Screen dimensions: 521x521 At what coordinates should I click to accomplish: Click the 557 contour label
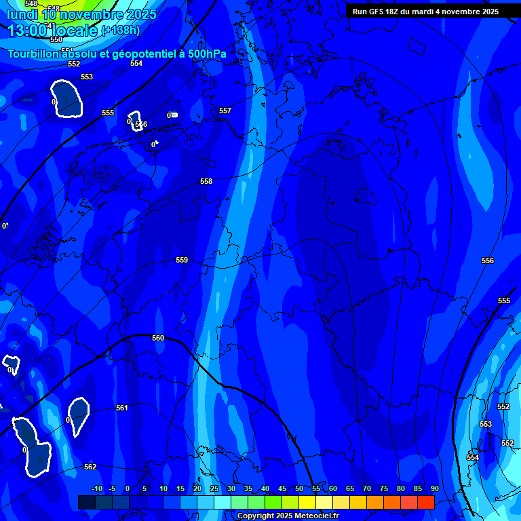point(225,111)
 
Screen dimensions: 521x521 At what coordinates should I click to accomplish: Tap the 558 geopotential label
point(206,181)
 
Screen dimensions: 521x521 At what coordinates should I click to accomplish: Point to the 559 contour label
point(182,260)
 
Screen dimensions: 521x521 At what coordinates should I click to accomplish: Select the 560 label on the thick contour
point(158,338)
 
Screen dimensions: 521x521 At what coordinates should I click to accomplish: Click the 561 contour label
point(122,408)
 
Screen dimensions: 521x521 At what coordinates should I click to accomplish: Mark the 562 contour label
point(90,467)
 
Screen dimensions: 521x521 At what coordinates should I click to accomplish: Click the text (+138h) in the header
point(120,30)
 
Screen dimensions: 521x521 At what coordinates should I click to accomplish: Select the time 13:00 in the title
point(31,30)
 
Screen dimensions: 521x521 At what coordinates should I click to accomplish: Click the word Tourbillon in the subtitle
point(34,54)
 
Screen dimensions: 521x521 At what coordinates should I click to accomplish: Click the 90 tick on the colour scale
point(434,488)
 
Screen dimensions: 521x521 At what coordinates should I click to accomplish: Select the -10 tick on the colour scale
point(96,488)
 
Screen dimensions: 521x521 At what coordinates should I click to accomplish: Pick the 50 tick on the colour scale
point(299,488)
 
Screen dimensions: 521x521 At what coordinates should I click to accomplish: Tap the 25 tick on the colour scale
point(214,488)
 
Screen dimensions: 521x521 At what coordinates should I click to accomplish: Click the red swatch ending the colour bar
point(425,502)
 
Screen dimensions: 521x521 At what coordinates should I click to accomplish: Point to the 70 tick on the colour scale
point(367,488)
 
